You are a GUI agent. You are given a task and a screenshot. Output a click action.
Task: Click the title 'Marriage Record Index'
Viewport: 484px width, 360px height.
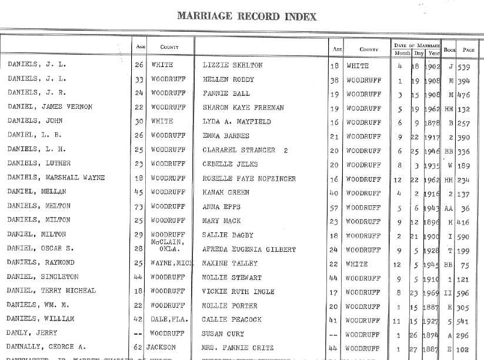[246, 16]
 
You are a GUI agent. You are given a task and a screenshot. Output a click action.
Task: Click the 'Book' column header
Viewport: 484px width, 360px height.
[449, 49]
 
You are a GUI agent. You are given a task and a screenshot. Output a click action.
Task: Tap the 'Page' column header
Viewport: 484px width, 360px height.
[469, 49]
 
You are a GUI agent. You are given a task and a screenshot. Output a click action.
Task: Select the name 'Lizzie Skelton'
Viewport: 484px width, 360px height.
[232, 65]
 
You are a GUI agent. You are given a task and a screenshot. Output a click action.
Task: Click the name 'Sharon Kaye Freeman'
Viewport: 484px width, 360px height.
[243, 108]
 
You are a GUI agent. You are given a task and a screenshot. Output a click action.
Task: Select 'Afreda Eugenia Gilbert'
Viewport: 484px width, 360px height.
[249, 249]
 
